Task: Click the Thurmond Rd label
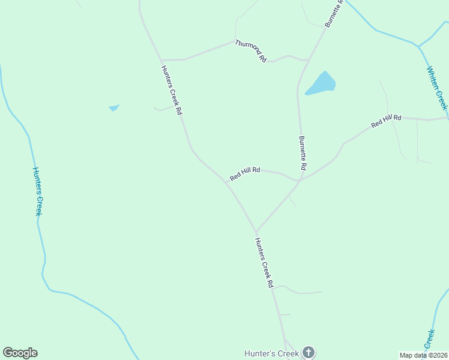250,51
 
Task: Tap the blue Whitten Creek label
437,88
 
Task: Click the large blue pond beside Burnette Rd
321,84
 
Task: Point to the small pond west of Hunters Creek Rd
113,108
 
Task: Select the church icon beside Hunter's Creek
308,353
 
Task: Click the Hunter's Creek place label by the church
271,354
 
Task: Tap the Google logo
20,353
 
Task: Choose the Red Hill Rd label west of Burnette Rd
245,174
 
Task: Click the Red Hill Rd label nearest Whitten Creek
386,121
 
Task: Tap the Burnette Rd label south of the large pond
303,152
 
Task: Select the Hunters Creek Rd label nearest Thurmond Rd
170,90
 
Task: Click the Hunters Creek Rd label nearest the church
264,263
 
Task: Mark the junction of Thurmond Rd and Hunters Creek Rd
161,61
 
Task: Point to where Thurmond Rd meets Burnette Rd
307,60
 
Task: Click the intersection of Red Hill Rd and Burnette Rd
300,179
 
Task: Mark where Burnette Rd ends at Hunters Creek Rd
256,231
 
